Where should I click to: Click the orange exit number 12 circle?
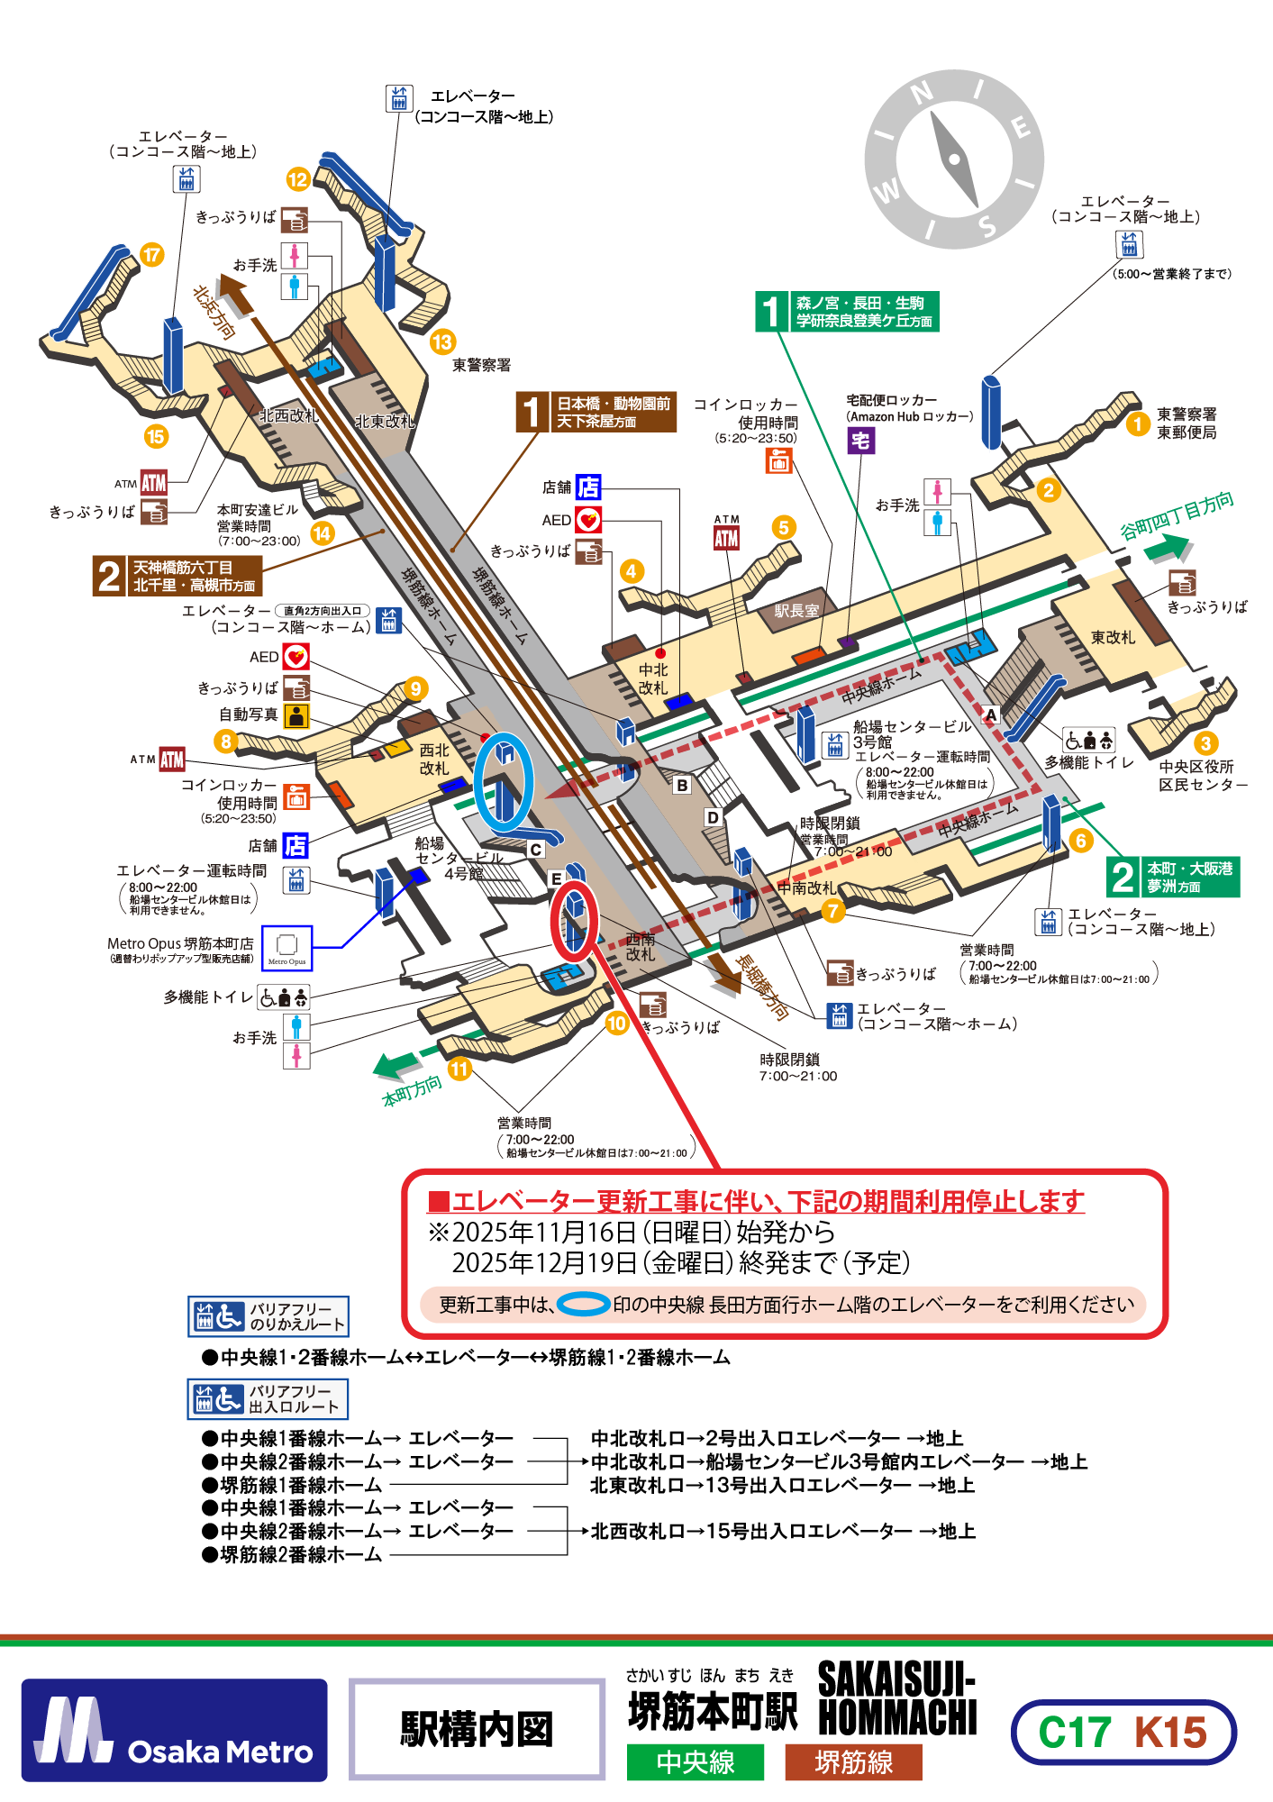click(x=298, y=179)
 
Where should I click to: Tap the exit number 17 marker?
click(x=151, y=255)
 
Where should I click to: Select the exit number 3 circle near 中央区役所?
click(x=1205, y=743)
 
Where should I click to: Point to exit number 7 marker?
click(x=833, y=911)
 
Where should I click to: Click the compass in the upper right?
click(x=954, y=159)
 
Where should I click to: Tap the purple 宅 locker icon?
click(x=860, y=441)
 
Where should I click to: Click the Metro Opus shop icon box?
click(x=286, y=948)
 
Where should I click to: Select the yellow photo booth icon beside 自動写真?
click(x=296, y=715)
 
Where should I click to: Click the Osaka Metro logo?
click(x=175, y=1730)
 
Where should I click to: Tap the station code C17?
click(x=1074, y=1733)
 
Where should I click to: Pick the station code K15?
click(x=1170, y=1733)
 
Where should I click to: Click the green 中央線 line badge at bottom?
click(x=696, y=1762)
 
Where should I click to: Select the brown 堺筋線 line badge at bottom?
click(x=853, y=1762)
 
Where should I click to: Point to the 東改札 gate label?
click(x=1113, y=638)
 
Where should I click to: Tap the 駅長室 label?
click(x=796, y=611)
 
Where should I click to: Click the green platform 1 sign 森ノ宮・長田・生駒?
click(x=847, y=312)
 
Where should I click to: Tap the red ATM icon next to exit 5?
click(x=726, y=538)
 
